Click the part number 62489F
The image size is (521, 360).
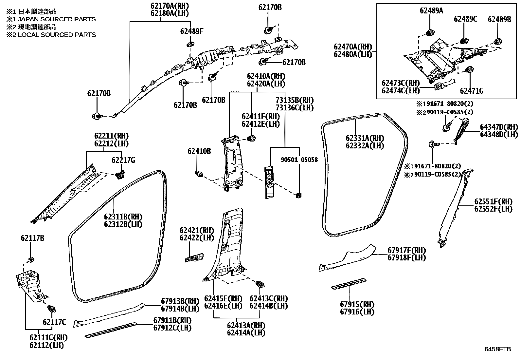click(191, 31)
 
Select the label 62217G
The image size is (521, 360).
click(123, 160)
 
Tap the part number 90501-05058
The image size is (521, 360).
click(299, 160)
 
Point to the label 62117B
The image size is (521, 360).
click(32, 238)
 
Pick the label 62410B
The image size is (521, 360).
click(199, 151)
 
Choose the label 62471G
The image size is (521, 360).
click(471, 91)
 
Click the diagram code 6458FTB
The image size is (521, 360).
click(497, 349)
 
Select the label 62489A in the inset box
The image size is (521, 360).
click(431, 11)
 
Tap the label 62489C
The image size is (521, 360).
click(465, 19)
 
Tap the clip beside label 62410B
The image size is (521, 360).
click(198, 173)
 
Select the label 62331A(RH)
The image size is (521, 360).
click(365, 138)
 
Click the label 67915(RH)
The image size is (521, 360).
click(357, 304)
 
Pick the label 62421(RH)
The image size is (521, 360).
click(196, 230)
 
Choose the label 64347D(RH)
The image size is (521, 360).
click(499, 127)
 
